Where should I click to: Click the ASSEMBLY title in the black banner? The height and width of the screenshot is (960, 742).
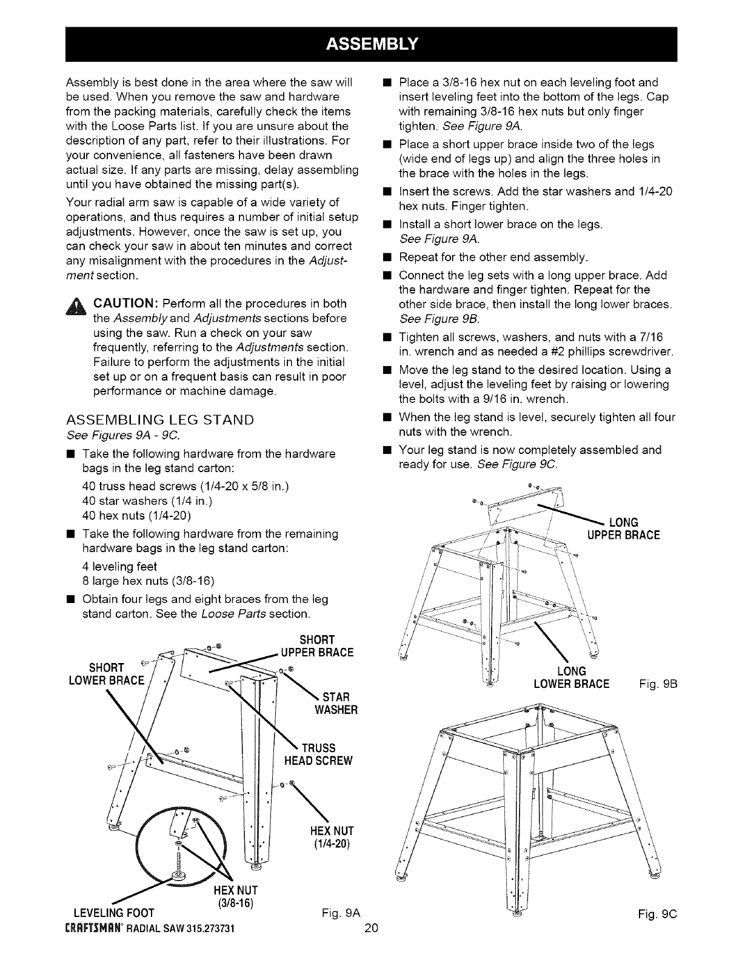click(371, 44)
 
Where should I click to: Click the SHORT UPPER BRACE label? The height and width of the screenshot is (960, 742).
click(316, 646)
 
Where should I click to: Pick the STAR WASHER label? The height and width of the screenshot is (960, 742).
click(333, 702)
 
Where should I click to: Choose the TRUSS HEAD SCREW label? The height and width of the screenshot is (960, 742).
click(318, 754)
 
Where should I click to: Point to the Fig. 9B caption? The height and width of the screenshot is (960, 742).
click(658, 684)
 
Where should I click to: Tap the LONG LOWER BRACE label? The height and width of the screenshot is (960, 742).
click(571, 678)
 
